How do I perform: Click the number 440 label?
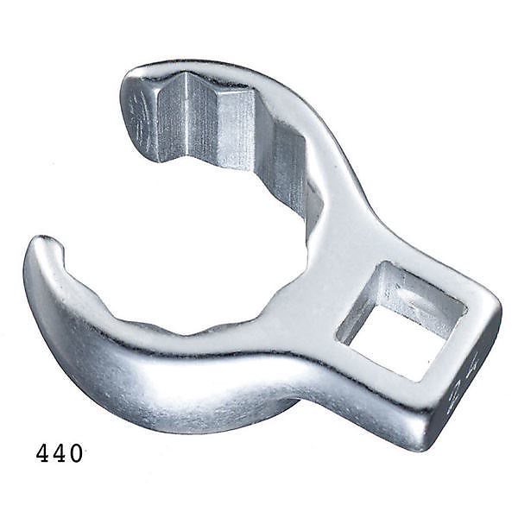pyautogui.click(x=60, y=453)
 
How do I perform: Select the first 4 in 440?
pyautogui.click(x=43, y=453)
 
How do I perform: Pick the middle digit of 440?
pyautogui.click(x=60, y=453)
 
